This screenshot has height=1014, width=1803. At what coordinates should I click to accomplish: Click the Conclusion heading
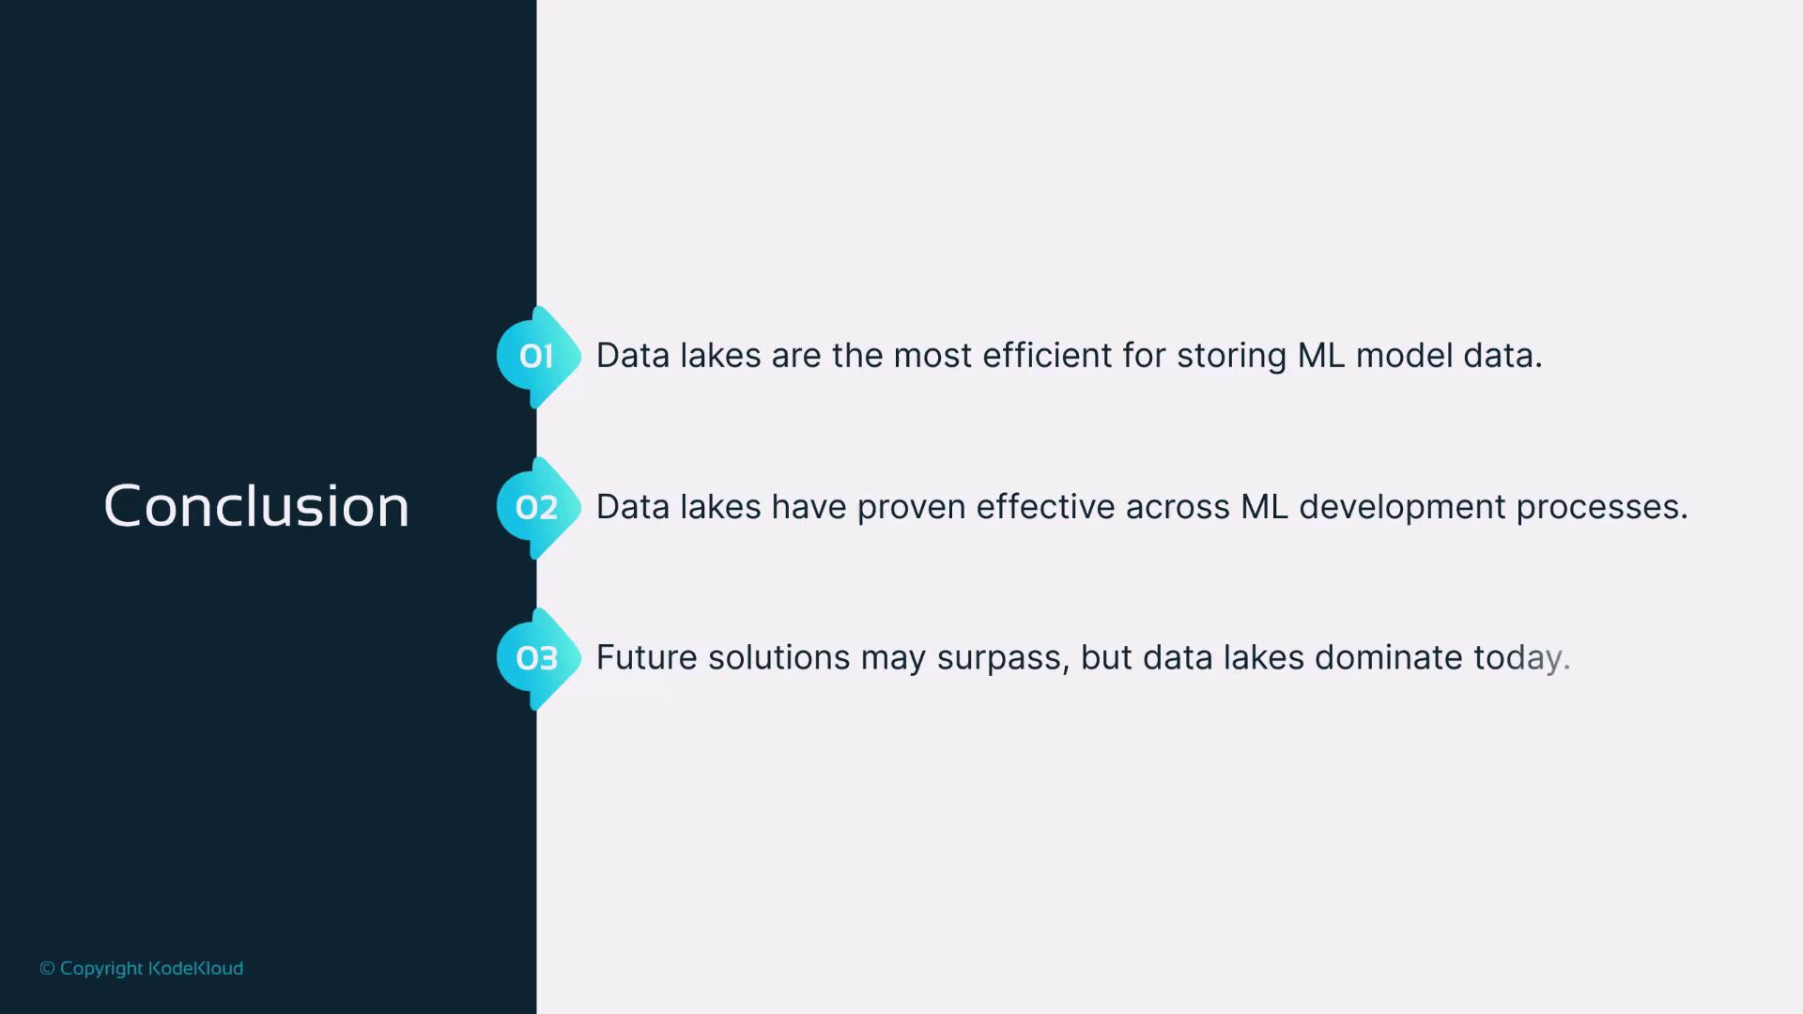(256, 507)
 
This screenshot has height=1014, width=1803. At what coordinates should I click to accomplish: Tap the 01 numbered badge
(538, 357)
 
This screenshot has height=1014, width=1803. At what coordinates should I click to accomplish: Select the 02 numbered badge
(538, 508)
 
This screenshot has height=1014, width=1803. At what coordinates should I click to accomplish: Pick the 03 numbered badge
(538, 658)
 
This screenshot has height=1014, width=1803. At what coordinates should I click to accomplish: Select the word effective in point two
(1045, 507)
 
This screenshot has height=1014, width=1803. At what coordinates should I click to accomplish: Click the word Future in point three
(647, 658)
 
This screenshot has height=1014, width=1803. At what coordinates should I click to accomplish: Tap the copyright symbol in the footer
(47, 968)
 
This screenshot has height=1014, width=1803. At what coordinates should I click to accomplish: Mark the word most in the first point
(932, 357)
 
